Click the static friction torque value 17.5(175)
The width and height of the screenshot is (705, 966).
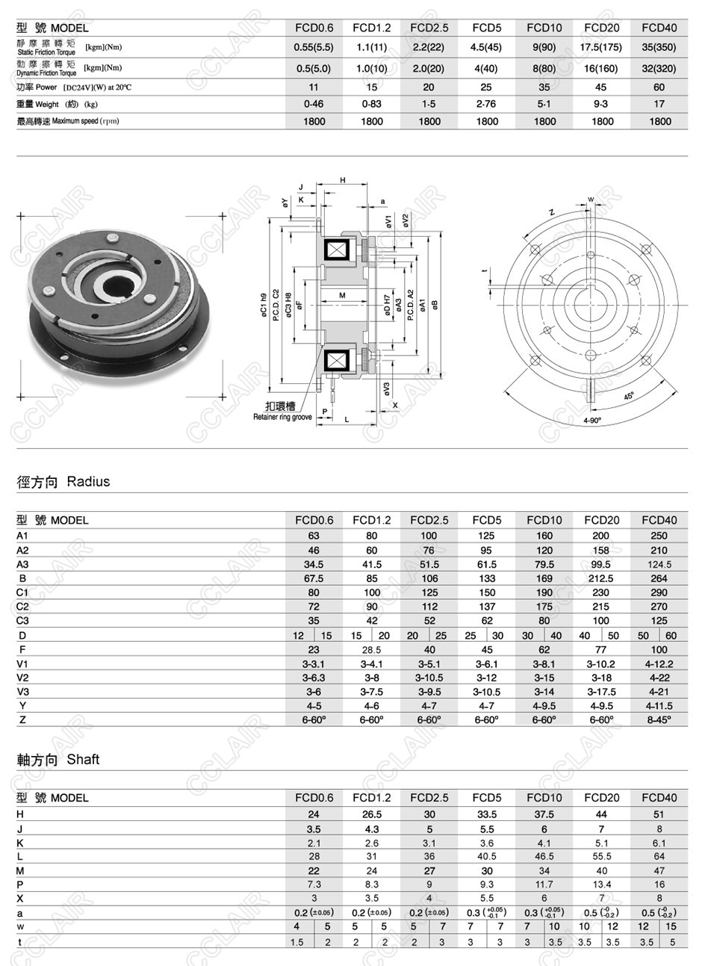601,47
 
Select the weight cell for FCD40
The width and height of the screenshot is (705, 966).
659,105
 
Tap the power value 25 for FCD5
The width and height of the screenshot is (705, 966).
486,87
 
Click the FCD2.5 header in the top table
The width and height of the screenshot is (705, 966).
429,28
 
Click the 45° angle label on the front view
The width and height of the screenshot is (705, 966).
629,396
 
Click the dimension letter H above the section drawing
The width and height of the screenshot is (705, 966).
343,180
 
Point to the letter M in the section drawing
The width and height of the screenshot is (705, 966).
342,296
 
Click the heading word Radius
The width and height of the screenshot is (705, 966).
88,482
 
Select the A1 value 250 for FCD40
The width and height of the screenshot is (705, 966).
659,536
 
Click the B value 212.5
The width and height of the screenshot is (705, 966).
601,578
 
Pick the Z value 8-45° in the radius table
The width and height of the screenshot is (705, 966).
659,719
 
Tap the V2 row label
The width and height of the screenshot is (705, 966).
22,678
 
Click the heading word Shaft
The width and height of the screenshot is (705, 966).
83,760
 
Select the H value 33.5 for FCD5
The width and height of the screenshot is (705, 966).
486,814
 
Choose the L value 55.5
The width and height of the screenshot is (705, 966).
601,857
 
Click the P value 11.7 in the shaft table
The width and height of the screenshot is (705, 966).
544,885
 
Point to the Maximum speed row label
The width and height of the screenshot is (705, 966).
68,121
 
